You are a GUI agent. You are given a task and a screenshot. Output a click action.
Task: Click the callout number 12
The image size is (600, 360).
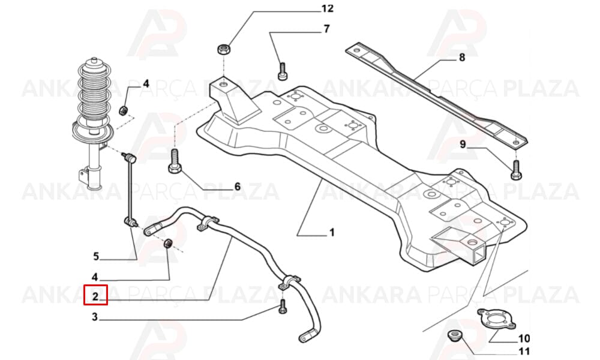[327, 8]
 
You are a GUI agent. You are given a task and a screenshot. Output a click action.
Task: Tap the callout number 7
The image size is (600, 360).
[326, 29]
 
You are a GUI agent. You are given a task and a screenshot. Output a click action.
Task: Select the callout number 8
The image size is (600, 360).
[462, 58]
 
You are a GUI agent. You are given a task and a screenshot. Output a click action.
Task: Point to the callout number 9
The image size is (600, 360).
[463, 145]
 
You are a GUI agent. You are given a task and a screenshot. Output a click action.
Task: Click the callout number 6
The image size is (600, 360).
[237, 187]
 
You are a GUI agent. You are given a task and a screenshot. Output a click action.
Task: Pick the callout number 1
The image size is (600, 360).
[332, 232]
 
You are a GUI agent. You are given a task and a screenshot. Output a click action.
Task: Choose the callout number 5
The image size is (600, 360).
[96, 256]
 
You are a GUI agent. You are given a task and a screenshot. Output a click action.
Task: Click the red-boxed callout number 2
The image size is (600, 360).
[95, 296]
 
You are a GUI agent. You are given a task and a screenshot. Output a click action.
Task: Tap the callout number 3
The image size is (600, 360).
[95, 317]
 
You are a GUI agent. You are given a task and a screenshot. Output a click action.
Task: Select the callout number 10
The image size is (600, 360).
[524, 338]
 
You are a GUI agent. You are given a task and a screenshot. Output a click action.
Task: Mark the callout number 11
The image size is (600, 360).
[524, 351]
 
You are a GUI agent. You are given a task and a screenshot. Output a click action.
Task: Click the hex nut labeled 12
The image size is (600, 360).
[223, 49]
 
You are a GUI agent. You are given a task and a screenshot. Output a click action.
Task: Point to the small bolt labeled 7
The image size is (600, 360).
[283, 71]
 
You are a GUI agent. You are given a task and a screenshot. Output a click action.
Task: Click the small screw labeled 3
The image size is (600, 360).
[283, 307]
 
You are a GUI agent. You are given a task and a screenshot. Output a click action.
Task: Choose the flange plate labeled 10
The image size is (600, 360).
[496, 319]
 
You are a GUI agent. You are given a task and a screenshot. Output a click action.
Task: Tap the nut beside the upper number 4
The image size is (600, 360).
[123, 110]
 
